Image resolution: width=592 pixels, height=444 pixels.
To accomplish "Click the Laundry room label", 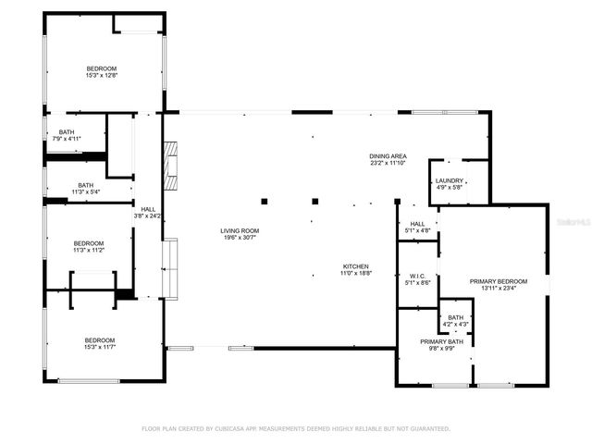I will (x=450, y=181).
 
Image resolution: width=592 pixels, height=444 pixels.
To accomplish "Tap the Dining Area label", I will (x=388, y=156).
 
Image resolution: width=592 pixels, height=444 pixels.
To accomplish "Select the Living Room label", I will (x=240, y=230).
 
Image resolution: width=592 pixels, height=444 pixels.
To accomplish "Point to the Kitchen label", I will (x=355, y=266).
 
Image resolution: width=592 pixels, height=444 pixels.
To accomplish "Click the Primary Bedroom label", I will (x=498, y=281).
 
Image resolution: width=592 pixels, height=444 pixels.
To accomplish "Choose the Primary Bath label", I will (x=434, y=341).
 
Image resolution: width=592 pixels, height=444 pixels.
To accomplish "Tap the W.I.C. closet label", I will (x=417, y=276).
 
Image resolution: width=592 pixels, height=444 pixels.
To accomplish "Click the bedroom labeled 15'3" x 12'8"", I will (x=102, y=68).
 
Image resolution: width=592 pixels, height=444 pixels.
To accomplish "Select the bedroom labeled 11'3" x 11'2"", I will (x=89, y=243).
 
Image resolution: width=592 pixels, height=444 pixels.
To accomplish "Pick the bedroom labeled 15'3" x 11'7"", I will (x=102, y=340).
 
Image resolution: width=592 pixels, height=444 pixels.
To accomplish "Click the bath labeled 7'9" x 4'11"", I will (x=67, y=132).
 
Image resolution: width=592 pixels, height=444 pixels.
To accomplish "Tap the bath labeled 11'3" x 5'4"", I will (x=86, y=185).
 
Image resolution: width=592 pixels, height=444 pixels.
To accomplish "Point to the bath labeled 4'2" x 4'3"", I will (x=456, y=317).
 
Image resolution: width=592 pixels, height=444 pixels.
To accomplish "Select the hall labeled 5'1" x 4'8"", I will (x=417, y=224).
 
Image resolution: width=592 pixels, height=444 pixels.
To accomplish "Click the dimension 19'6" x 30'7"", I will (x=240, y=238).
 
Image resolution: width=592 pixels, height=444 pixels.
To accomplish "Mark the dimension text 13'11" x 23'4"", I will (x=498, y=289).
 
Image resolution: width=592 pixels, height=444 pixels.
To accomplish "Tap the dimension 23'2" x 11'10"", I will (x=388, y=164).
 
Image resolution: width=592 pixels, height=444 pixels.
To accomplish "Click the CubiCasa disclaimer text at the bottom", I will (x=295, y=428).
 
